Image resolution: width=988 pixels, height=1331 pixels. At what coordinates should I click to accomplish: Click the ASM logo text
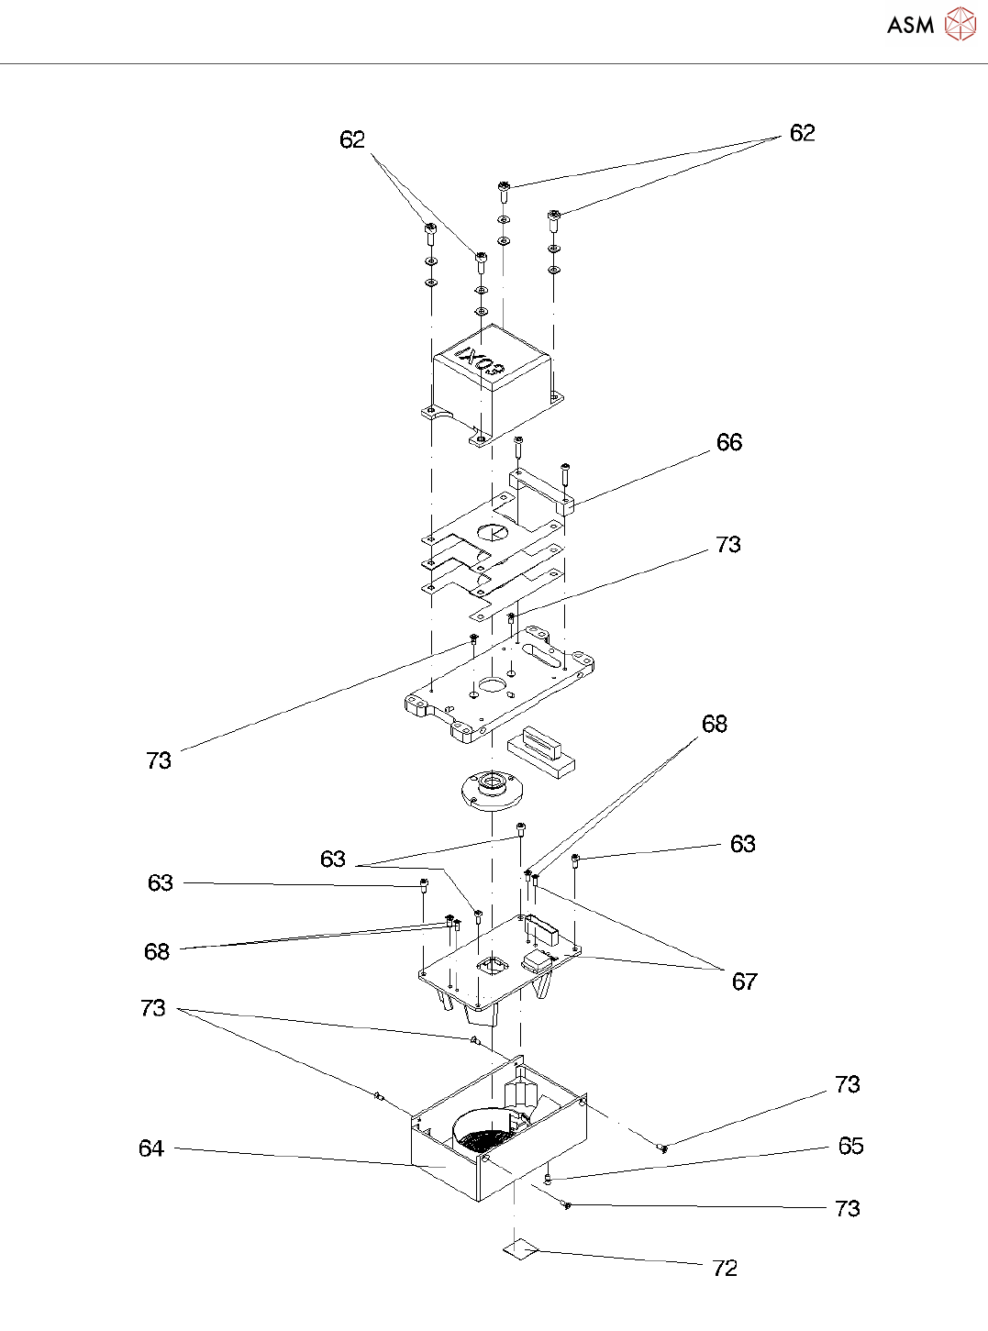pos(910,26)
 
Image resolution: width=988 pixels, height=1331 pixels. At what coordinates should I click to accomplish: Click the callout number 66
pos(729,442)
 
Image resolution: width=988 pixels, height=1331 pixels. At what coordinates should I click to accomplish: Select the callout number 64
pos(151,1148)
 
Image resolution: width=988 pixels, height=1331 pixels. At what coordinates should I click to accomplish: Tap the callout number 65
pos(850,1146)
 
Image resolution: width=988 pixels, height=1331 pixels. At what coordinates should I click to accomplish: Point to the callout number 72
pos(725,1268)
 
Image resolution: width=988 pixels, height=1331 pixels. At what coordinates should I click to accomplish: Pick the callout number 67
pos(744,982)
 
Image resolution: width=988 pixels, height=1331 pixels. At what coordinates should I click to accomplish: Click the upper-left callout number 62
pos(352,139)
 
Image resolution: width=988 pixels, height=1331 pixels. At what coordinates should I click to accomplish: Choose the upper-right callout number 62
pos(802,133)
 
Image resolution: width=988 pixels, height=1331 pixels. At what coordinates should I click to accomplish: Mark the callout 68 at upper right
pos(714,724)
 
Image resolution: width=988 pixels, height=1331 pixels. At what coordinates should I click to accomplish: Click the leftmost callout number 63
pos(161,882)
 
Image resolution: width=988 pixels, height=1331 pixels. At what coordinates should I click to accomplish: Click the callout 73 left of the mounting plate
pos(159,760)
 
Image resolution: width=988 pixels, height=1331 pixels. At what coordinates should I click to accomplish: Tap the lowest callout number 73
pos(847,1208)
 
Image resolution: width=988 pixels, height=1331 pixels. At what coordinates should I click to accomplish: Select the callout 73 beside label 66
pos(727,545)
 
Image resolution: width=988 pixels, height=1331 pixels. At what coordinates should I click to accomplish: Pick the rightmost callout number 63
pos(742,844)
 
